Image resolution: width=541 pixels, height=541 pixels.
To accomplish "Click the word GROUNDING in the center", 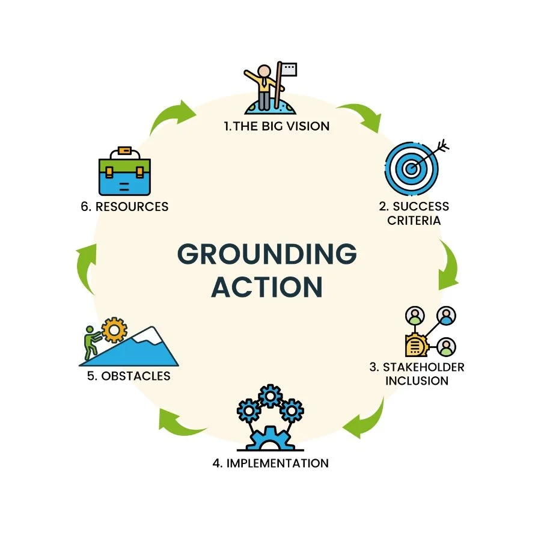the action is pos(267,254).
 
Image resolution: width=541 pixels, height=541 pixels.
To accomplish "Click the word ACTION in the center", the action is pos(267,287).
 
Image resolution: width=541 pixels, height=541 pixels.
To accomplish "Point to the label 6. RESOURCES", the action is pos(124,207).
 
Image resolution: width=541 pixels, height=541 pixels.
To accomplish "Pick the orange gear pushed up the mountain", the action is pos(113,329).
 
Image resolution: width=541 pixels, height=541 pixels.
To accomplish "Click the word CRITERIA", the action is pos(414,220).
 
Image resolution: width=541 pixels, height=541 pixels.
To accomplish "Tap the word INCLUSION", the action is pos(417,381).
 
